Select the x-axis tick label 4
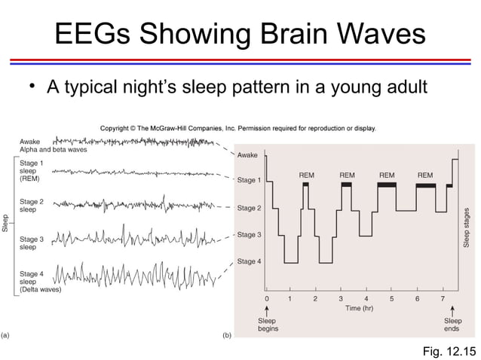coord(366,299)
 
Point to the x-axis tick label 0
coord(266,299)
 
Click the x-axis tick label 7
coord(443,299)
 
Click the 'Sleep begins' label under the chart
coord(268,325)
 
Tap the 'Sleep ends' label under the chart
coord(452,325)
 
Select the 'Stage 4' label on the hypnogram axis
coord(250,262)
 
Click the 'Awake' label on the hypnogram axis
coord(247,155)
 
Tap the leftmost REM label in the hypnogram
coord(306,175)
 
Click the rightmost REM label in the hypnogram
coord(425,175)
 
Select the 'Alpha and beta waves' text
coord(53,150)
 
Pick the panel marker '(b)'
coord(227,334)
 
